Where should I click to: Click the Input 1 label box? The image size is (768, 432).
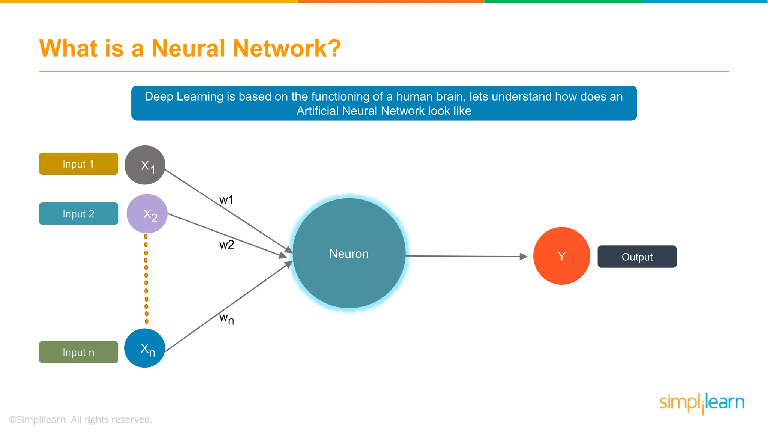click(x=78, y=164)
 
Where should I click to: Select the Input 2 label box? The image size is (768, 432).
click(x=78, y=214)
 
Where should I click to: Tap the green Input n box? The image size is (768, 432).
click(x=78, y=352)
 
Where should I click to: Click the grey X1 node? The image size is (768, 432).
click(x=145, y=165)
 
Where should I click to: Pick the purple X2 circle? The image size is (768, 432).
click(x=147, y=214)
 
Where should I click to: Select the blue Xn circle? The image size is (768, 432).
click(x=145, y=348)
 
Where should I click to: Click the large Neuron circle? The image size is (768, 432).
click(x=349, y=253)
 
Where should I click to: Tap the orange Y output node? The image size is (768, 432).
click(x=561, y=256)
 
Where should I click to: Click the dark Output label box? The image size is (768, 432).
click(x=637, y=256)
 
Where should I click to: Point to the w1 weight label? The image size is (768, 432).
click(x=226, y=199)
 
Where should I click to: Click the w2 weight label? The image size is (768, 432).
click(x=226, y=245)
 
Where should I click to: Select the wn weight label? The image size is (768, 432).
click(x=226, y=319)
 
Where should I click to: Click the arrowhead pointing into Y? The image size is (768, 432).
click(x=523, y=256)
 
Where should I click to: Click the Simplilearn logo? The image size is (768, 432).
click(x=702, y=403)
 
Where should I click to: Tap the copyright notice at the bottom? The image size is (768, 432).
click(x=80, y=419)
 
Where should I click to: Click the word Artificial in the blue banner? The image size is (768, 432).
click(x=318, y=111)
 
